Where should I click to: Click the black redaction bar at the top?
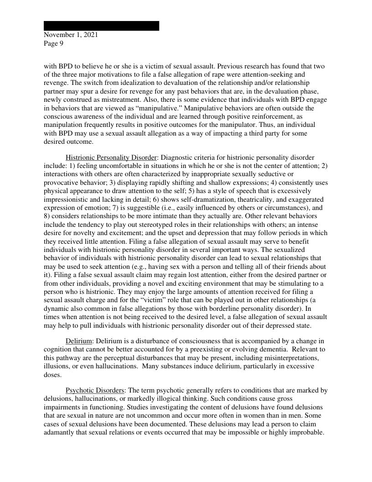101,26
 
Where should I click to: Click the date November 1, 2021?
71,35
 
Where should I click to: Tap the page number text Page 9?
53,44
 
